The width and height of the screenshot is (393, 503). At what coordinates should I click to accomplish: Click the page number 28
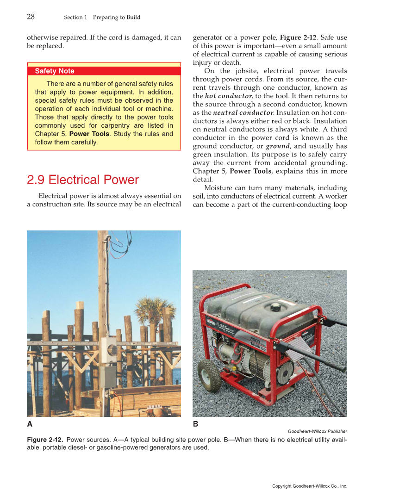coord(31,17)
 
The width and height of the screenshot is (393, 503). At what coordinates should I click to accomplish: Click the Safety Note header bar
coord(104,71)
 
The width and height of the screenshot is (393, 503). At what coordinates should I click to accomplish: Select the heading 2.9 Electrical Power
coord(83,180)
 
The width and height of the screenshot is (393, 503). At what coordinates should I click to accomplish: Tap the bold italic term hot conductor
coord(228,96)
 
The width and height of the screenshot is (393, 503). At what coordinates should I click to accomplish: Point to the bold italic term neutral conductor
coord(243,112)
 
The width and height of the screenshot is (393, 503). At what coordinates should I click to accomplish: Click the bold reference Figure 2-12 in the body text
coord(298,37)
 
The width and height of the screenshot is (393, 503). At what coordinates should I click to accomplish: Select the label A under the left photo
coord(30,424)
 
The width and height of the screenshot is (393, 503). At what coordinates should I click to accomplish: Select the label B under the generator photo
coord(195,424)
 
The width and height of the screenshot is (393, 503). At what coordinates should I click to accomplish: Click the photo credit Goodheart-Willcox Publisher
coord(317,431)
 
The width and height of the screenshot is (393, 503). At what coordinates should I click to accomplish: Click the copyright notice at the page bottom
coord(309,486)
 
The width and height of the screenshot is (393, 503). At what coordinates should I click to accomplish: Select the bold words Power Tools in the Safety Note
coord(89,134)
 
